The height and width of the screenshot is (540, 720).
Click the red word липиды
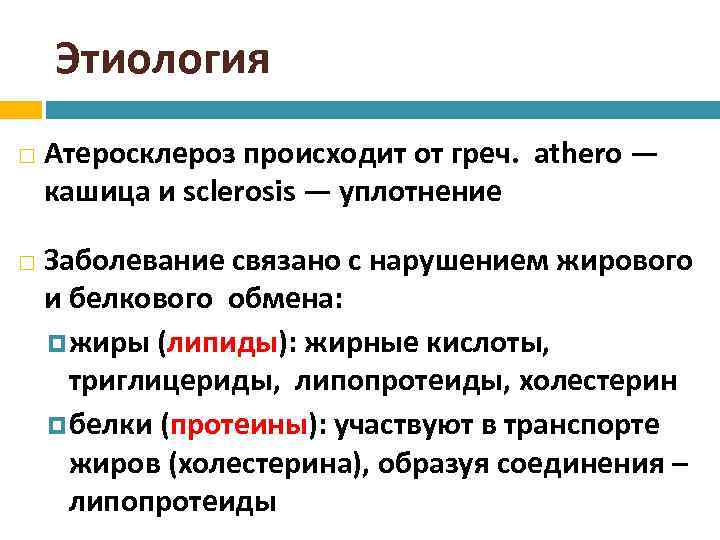(222, 343)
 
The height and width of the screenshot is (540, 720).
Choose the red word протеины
(241, 424)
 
